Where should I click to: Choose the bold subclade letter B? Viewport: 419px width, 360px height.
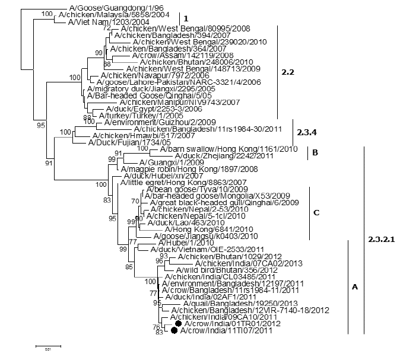click(316, 153)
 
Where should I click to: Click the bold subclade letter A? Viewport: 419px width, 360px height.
click(355, 287)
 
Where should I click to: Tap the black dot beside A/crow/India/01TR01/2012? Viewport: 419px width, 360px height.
click(178, 324)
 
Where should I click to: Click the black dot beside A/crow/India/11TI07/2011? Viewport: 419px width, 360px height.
click(174, 331)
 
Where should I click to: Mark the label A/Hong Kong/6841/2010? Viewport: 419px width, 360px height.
click(190, 229)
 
